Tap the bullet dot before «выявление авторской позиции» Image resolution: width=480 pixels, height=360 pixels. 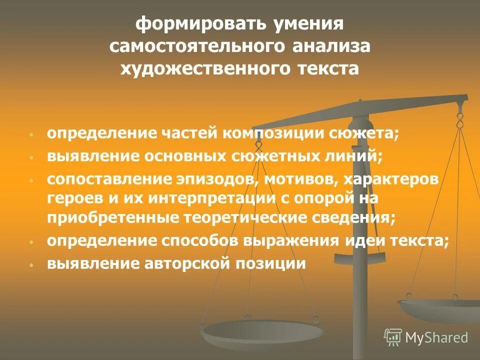coord(31,264)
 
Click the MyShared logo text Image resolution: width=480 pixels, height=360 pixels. coord(436,337)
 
